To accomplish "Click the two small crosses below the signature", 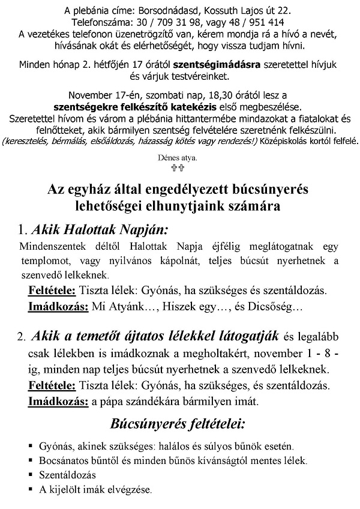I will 180,169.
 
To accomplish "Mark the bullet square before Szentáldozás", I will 30,475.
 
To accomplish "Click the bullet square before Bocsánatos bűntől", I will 30,461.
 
